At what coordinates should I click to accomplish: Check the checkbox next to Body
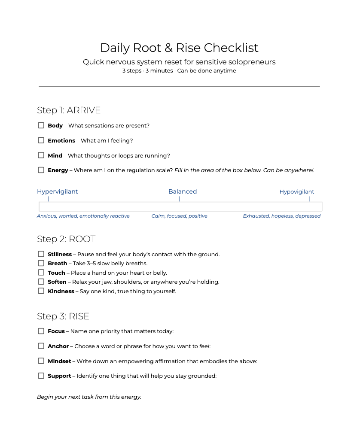41,125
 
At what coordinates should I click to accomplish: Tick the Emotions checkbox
41,140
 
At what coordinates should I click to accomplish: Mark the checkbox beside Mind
41,155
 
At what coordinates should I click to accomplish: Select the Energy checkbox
41,170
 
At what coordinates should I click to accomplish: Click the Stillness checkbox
41,254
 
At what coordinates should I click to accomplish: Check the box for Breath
41,263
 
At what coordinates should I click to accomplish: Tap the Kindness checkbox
41,291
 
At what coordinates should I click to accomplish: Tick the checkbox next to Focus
41,331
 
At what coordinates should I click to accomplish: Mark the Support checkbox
41,376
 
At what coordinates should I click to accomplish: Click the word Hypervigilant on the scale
57,192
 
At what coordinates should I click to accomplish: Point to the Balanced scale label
183,192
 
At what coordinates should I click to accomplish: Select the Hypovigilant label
297,192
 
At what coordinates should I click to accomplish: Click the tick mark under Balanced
179,199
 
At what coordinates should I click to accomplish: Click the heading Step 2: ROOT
66,239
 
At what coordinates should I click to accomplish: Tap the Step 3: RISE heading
63,316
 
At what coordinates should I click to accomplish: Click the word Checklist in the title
231,48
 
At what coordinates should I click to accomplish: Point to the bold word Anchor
58,346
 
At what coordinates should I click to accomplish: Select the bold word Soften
57,282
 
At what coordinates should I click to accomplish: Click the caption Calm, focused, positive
179,216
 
